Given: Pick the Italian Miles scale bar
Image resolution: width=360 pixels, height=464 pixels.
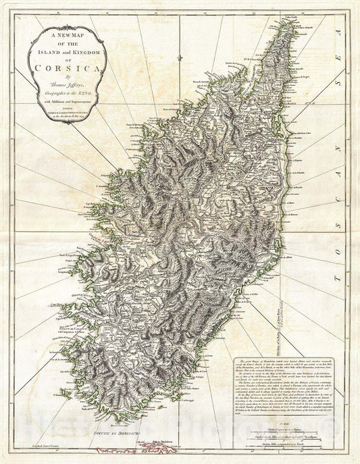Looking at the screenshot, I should click(x=290, y=448).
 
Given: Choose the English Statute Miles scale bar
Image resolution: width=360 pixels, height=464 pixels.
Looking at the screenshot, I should click(x=290, y=440).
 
